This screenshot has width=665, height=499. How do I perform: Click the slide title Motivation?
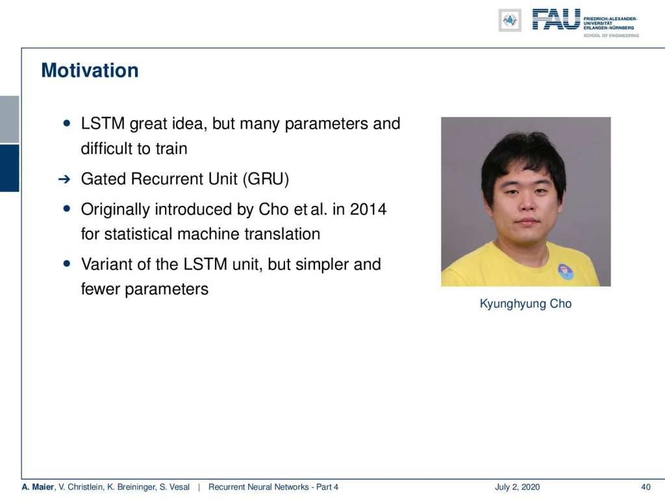(x=90, y=70)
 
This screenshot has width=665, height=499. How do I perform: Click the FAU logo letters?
(x=556, y=19)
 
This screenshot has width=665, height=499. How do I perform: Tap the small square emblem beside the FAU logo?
(x=510, y=20)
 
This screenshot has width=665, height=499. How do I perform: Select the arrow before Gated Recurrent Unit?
(x=64, y=179)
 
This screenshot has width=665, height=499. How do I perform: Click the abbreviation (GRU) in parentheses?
(x=266, y=179)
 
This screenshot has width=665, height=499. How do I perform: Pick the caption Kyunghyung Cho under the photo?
(x=525, y=304)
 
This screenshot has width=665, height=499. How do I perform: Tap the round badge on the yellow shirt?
(x=566, y=272)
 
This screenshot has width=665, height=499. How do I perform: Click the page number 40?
(x=646, y=487)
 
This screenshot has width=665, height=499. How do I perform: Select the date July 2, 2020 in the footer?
(x=517, y=487)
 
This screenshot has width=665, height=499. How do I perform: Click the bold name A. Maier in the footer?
(x=38, y=487)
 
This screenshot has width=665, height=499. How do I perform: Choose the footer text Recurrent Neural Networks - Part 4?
(x=273, y=487)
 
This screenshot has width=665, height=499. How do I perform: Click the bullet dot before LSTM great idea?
(x=67, y=123)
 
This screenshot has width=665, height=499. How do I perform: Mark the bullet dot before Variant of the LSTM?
(x=67, y=264)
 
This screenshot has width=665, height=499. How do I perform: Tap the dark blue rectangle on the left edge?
(x=9, y=168)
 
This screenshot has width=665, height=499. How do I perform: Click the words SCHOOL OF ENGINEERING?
(x=611, y=36)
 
